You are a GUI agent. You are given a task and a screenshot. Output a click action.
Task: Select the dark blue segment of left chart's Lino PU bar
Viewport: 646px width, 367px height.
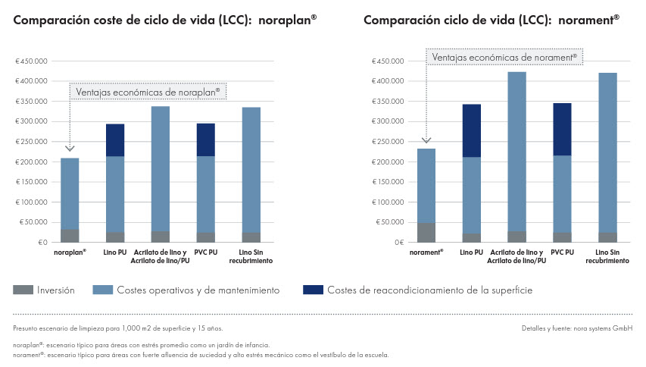pos(115,140)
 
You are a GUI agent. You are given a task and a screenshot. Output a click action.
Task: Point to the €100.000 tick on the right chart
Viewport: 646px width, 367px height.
pos(387,202)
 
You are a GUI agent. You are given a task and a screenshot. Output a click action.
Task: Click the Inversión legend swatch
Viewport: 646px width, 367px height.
pos(23,290)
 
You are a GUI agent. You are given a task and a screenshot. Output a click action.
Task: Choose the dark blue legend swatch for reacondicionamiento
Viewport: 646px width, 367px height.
pos(312,290)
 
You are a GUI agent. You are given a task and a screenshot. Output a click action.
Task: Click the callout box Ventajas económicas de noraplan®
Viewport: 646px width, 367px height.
pos(148,91)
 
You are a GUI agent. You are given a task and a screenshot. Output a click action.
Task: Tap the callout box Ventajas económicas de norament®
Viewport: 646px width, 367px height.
pos(504,57)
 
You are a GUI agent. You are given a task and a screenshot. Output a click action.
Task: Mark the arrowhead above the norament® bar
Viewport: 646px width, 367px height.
pos(426,140)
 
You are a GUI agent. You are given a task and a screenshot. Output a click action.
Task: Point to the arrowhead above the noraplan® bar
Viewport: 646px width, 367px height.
pos(70,149)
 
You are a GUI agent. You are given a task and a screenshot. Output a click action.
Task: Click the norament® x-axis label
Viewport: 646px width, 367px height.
pos(426,252)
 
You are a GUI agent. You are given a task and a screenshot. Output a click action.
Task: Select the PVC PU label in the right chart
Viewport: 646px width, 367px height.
pos(562,252)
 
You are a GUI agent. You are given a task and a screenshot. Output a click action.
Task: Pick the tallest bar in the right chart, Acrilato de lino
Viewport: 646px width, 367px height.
pos(517,152)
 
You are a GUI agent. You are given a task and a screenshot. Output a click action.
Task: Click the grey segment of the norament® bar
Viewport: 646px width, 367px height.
pos(426,232)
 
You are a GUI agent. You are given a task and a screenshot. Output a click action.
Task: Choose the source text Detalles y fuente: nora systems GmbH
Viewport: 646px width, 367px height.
pos(577,328)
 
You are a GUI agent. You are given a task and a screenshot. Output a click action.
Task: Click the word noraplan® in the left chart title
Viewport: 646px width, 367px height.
pos(287,20)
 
